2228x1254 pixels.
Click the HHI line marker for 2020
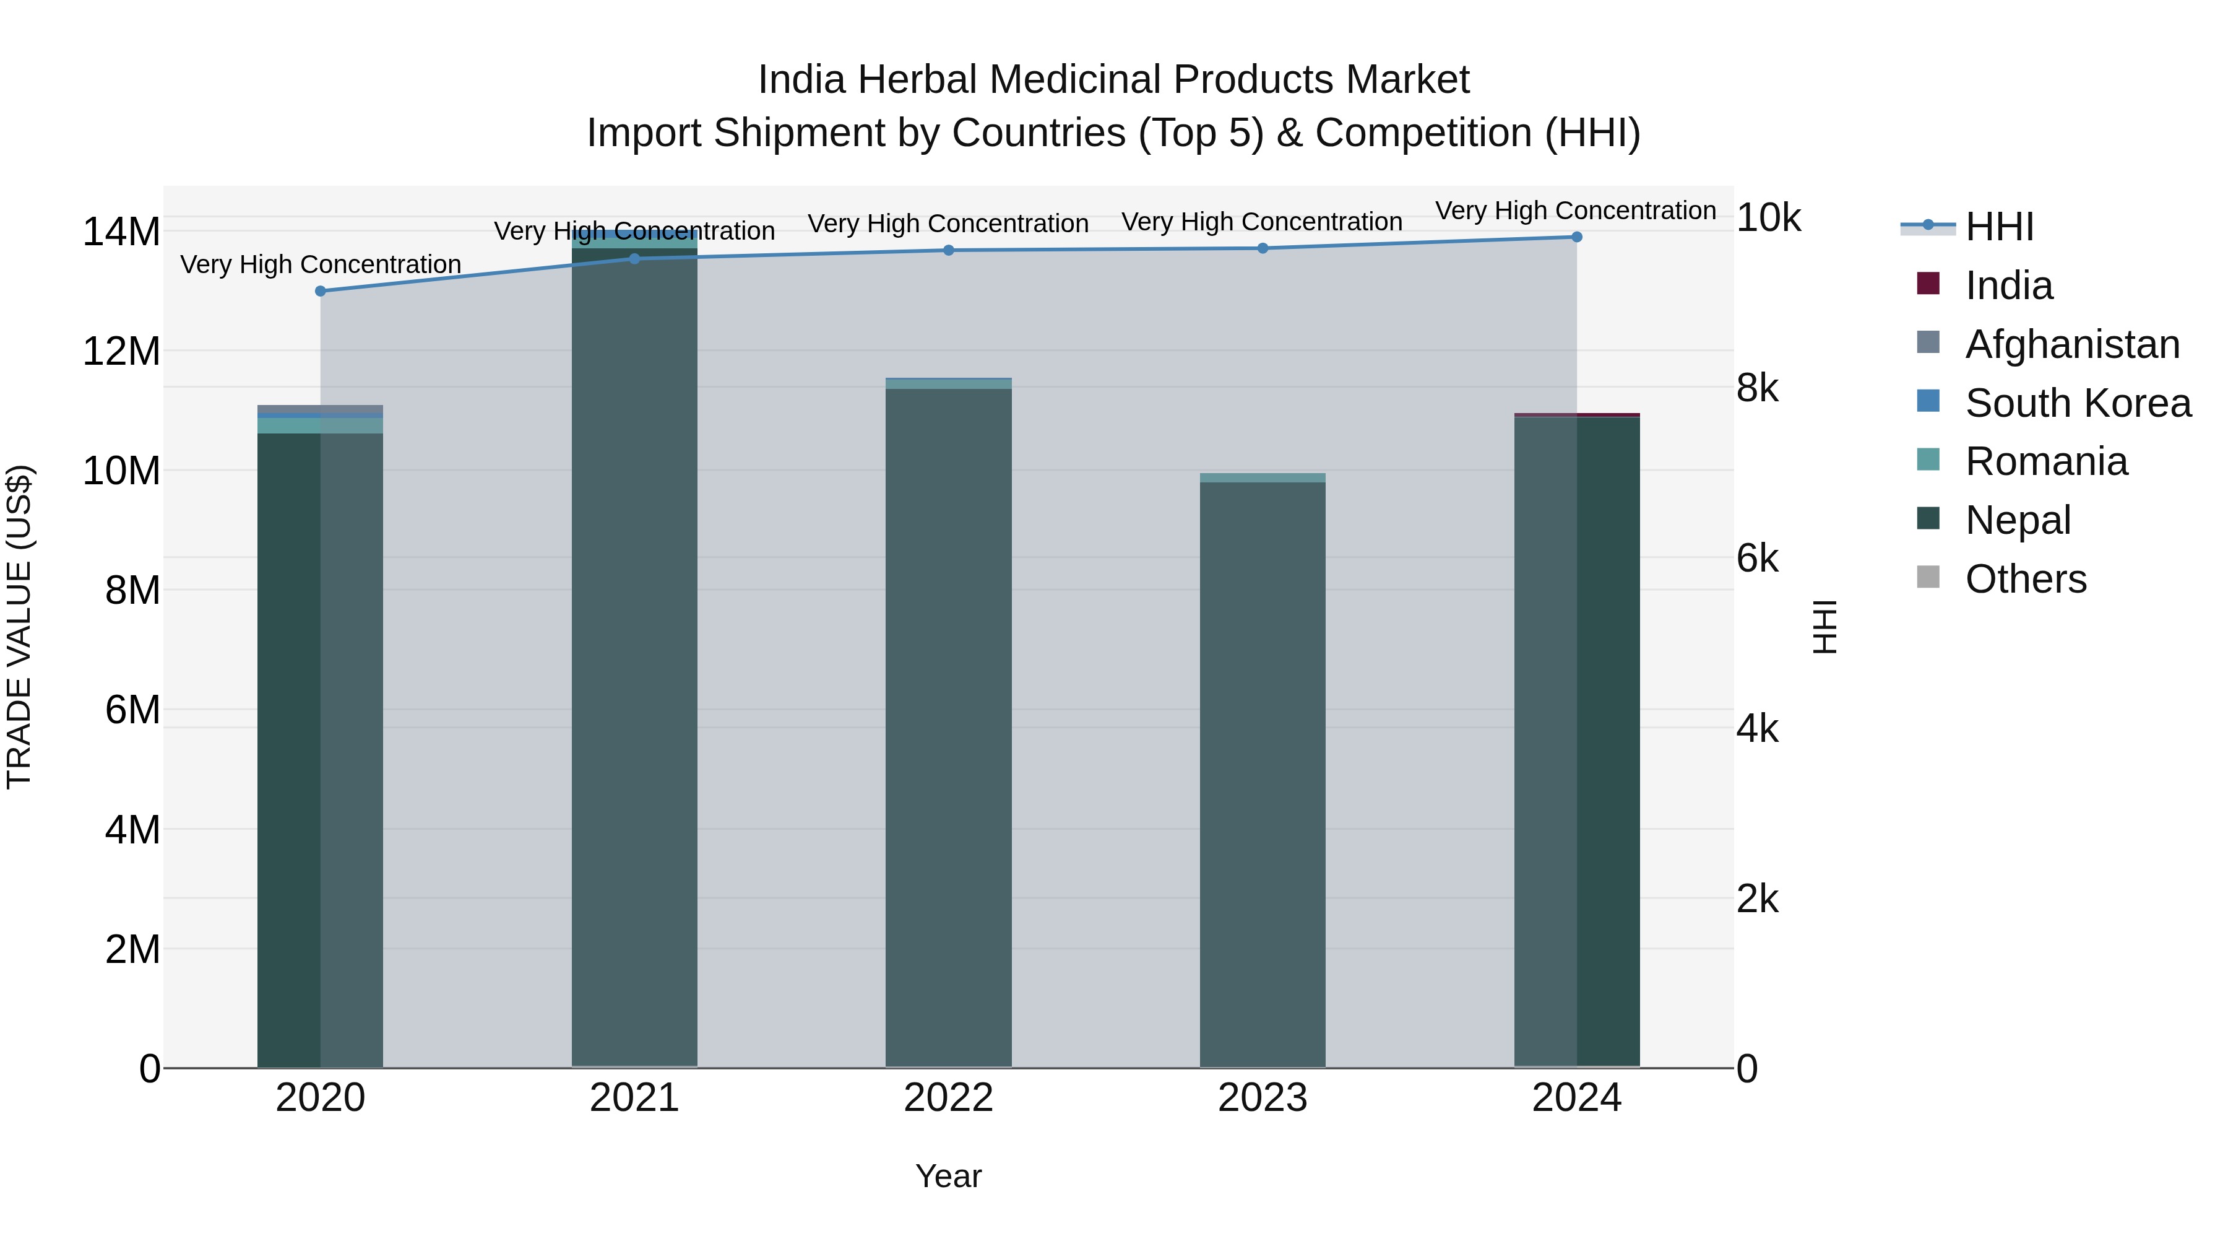coord(320,291)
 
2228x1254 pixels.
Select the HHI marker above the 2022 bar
coord(948,250)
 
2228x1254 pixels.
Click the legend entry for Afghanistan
coord(2072,344)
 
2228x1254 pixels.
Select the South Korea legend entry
coord(2078,403)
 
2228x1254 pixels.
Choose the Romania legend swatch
coord(1928,460)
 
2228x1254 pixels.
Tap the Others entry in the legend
coord(2026,579)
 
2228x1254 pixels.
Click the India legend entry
coord(2008,285)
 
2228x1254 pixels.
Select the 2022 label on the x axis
coord(948,1098)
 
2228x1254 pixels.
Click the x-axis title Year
coord(948,1176)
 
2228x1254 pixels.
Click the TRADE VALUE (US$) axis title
coord(19,627)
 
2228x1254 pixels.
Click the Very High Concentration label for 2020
coord(320,264)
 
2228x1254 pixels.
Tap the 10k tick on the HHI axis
coord(1768,219)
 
